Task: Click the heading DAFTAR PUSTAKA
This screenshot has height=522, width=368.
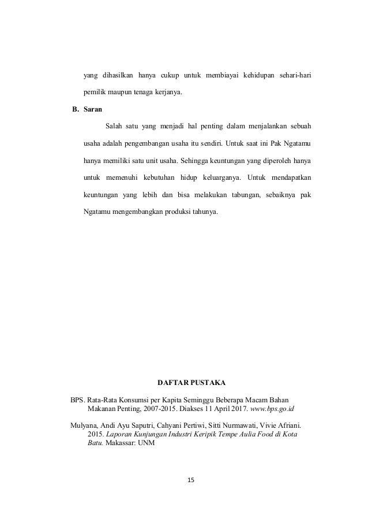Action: [x=192, y=383]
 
